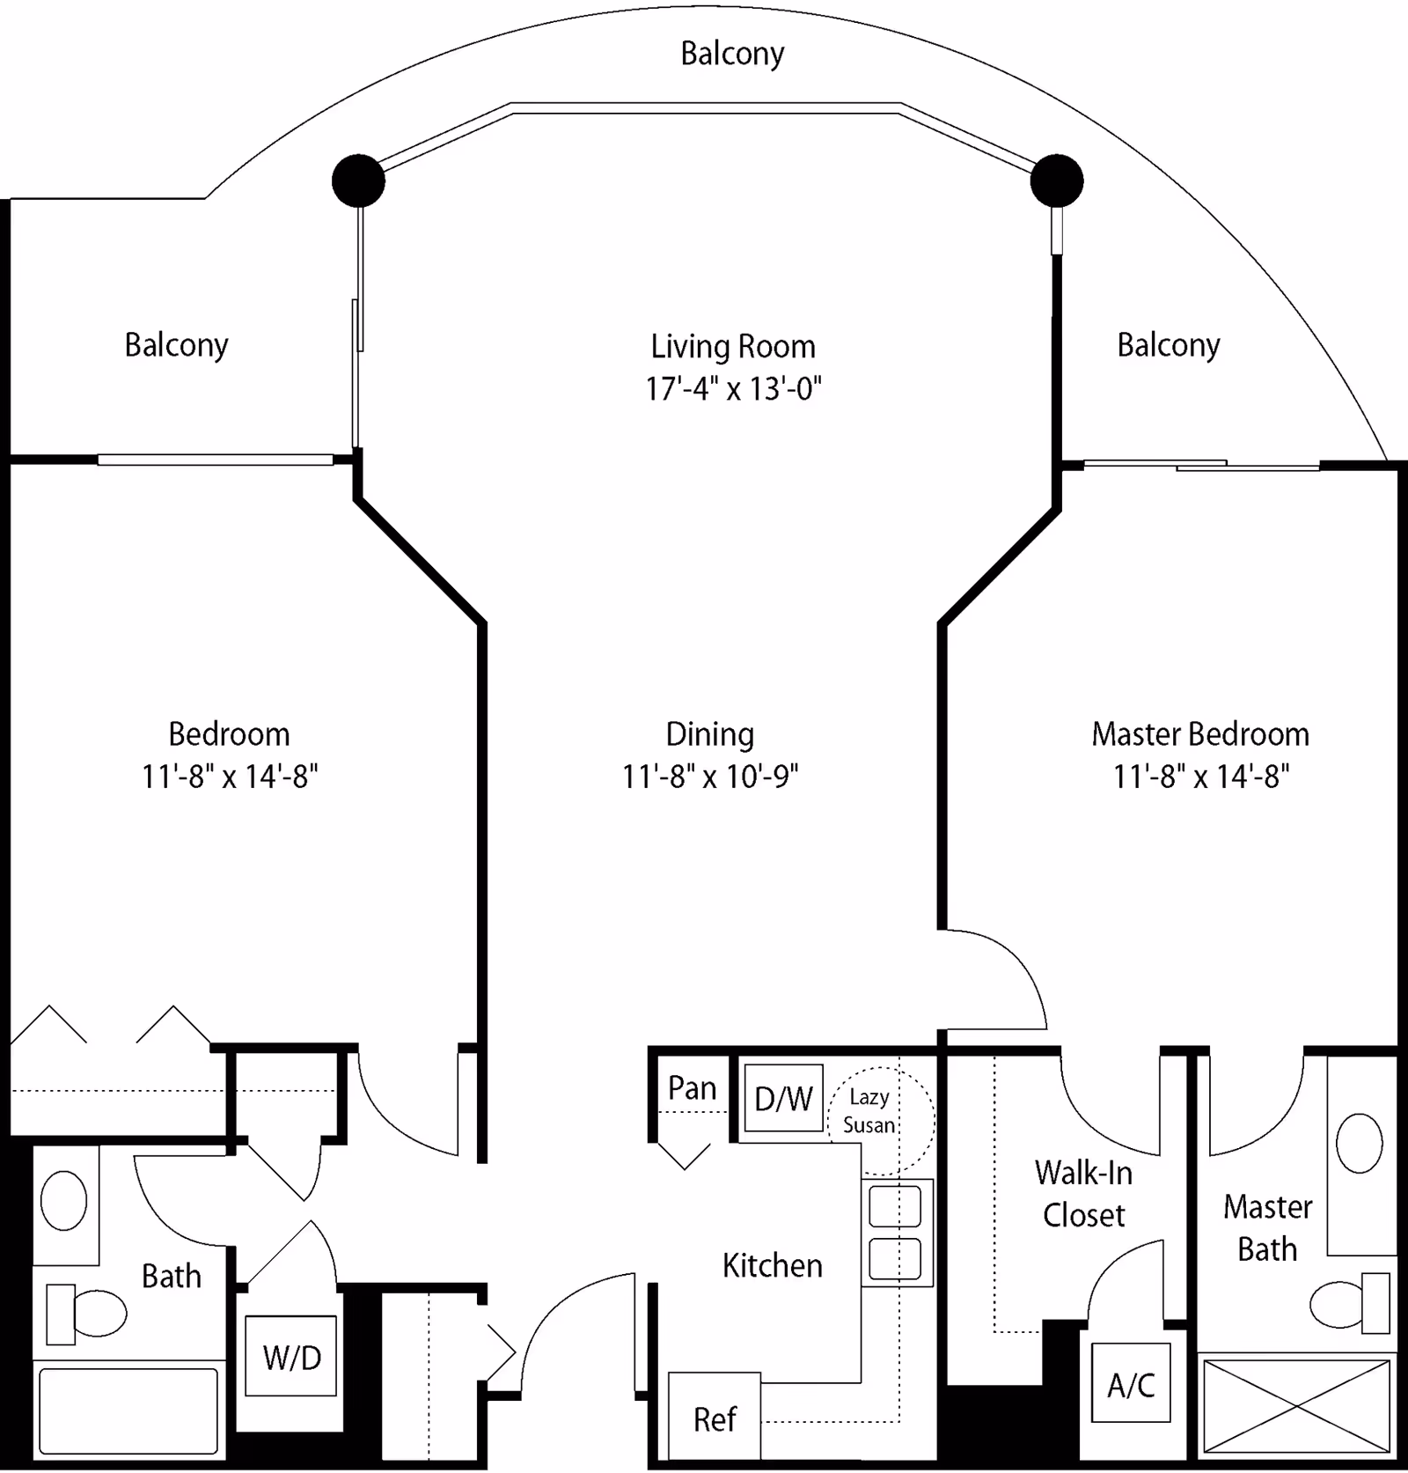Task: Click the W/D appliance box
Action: pos(290,1356)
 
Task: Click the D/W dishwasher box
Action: pos(783,1098)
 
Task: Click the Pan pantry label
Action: pos(692,1088)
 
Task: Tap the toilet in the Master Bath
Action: pos(1346,1302)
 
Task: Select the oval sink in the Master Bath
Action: pos(1359,1143)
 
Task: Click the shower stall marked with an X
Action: pos(1296,1406)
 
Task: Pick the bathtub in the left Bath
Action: pos(128,1410)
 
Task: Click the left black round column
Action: pos(358,180)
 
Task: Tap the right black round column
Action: pos(1056,180)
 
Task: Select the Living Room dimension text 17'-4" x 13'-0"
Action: pos(733,388)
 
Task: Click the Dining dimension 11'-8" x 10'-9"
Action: pos(710,777)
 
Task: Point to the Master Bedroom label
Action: pos(1200,734)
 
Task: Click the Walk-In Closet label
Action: pos(1083,1194)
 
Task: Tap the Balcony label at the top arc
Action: pos(732,54)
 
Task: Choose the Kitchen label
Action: pos(772,1265)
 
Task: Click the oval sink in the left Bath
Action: pos(64,1200)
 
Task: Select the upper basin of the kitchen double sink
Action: pos(895,1206)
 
